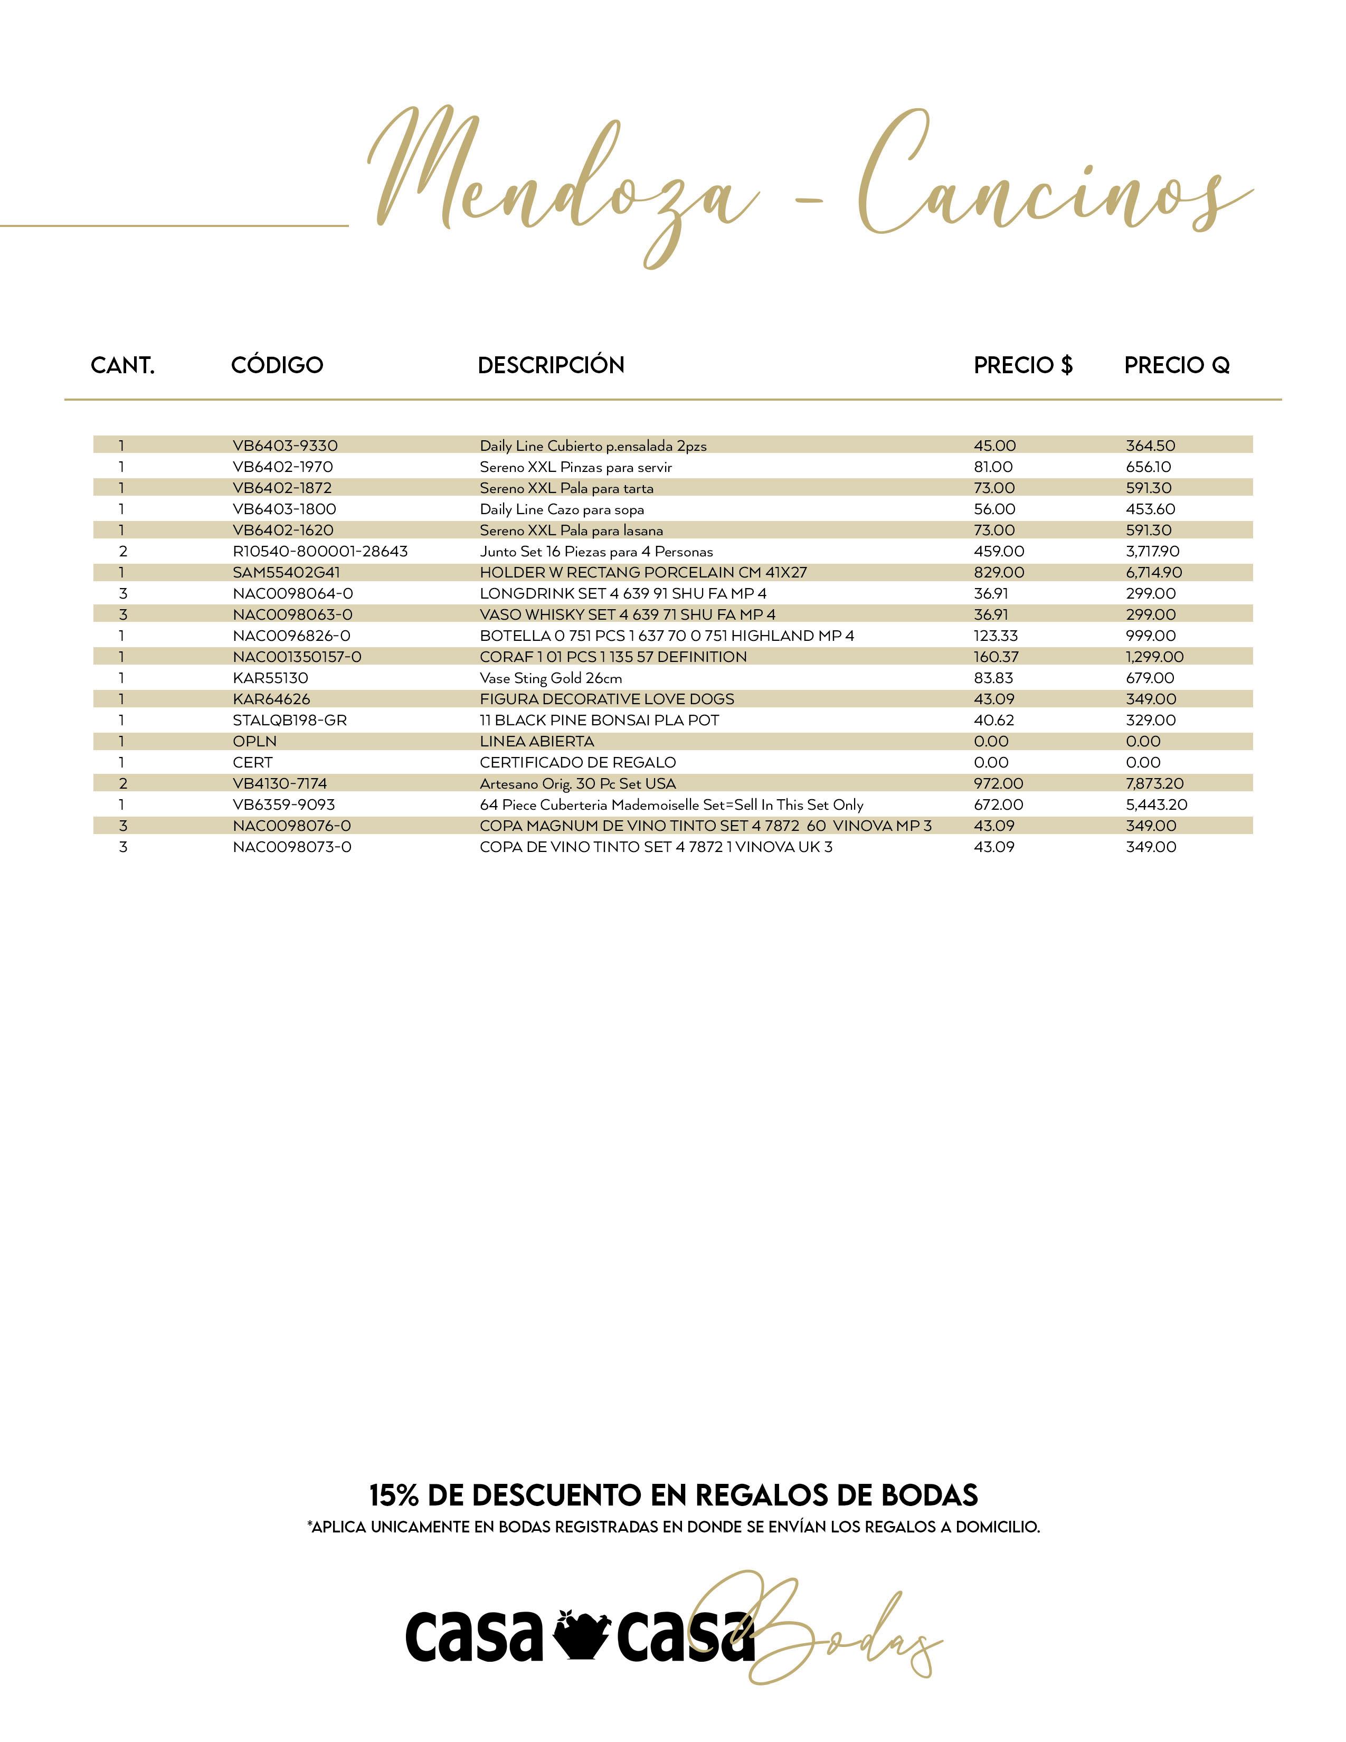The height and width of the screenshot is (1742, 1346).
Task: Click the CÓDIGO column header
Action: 277,365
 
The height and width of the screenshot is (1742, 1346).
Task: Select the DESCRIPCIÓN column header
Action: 551,365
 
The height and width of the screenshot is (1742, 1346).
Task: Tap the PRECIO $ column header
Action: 1023,365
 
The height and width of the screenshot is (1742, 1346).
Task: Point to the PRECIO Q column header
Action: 1176,365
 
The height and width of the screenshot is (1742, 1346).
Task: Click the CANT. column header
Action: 123,365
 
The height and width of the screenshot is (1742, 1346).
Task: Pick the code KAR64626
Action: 271,699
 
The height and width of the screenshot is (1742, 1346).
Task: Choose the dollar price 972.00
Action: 998,784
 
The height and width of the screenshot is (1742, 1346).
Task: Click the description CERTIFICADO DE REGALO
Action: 577,763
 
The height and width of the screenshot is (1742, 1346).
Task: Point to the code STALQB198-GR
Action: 289,720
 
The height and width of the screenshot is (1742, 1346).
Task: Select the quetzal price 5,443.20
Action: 1156,805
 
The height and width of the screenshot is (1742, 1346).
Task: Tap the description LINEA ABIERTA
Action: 537,742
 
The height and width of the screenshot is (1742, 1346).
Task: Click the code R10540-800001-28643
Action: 320,551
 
